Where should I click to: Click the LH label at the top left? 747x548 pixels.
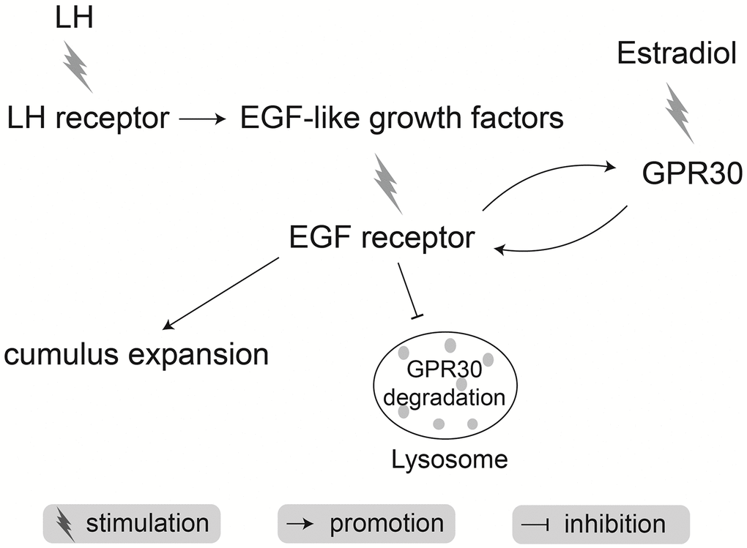click(x=75, y=18)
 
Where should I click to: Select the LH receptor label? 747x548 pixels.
click(x=87, y=118)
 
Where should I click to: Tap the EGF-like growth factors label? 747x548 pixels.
click(x=401, y=118)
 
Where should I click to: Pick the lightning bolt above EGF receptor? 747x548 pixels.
click(x=387, y=183)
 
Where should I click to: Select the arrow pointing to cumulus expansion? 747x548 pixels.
click(x=222, y=292)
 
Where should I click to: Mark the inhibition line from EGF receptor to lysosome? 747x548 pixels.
click(x=407, y=290)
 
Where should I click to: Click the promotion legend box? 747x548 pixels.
click(x=366, y=524)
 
